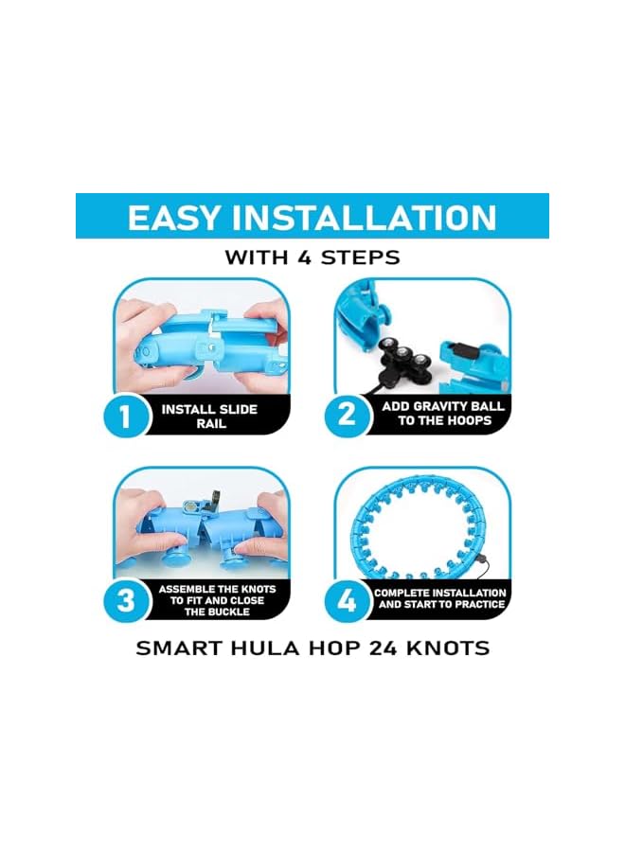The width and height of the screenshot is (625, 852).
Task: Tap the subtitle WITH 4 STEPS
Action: coord(312,257)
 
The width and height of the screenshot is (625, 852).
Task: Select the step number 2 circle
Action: coord(346,413)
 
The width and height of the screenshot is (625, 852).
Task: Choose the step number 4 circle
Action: coord(347,599)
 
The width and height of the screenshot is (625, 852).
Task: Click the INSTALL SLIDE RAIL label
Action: coord(209,417)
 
